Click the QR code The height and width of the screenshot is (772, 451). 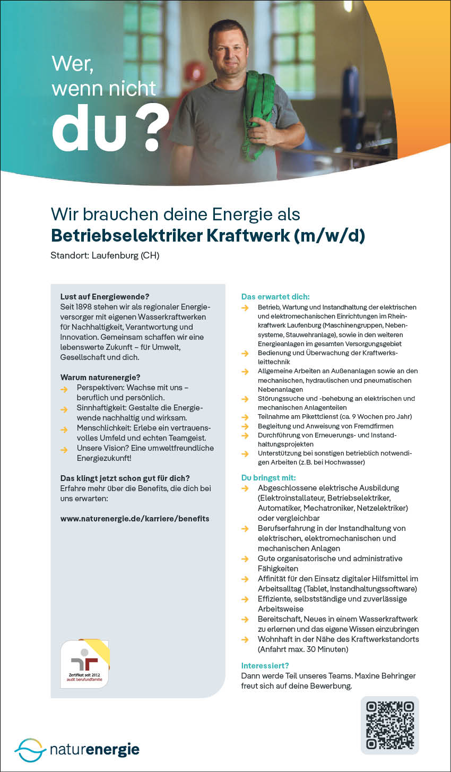pos(390,725)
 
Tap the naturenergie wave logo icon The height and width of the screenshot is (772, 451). pos(30,750)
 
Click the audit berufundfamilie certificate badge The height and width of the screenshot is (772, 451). pos(85,664)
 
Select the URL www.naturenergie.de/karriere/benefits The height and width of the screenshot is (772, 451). pos(135,518)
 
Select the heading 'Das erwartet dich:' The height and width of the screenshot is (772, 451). pos(275,296)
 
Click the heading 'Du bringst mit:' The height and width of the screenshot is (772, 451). pos(268,478)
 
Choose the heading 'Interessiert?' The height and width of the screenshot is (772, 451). pos(265,665)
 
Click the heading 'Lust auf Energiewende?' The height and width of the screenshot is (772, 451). pos(105,296)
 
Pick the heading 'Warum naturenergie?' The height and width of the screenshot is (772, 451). pos(100,378)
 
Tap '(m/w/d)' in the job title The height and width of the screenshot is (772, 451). pos(329,235)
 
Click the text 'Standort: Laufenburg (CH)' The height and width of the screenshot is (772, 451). pos(105,255)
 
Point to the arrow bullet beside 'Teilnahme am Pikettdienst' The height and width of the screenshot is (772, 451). pos(245,417)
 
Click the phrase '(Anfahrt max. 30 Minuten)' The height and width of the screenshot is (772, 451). pos(303,649)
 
